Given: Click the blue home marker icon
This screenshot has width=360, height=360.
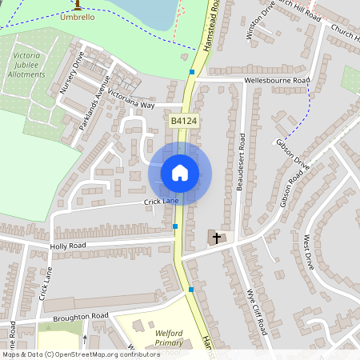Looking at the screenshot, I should (x=180, y=172).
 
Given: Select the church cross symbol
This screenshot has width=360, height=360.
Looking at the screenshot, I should (x=216, y=238).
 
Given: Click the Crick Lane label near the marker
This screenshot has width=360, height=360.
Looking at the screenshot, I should (x=161, y=202).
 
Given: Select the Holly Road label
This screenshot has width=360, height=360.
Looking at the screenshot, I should (x=67, y=246).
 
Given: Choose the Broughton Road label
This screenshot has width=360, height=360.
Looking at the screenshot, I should (x=82, y=317).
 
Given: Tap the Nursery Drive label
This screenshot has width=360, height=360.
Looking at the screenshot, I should (x=72, y=74).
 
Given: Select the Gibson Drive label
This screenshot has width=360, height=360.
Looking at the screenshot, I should (x=293, y=153).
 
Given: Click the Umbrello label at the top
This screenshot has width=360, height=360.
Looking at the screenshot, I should (x=78, y=16).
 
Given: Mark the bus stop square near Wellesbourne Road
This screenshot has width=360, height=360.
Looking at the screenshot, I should (x=192, y=72).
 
